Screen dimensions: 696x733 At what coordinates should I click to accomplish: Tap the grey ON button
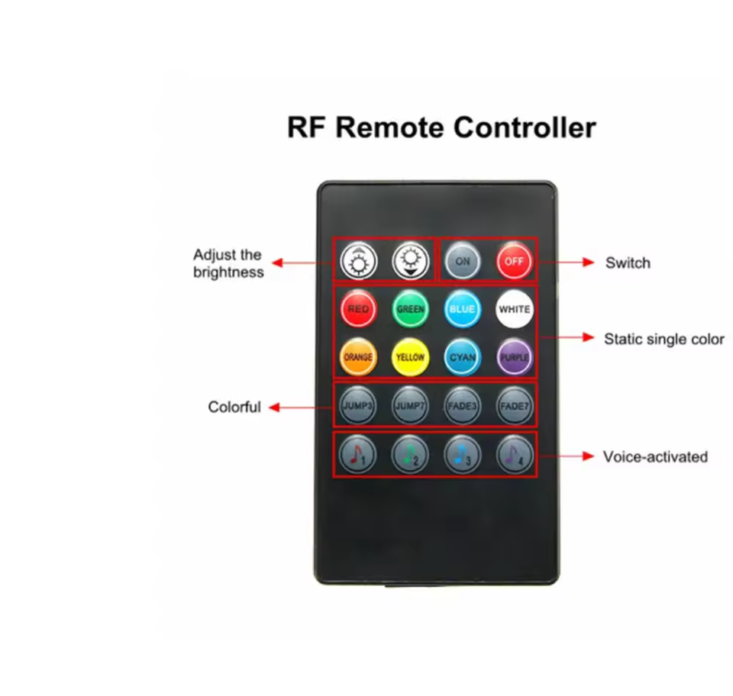pyautogui.click(x=462, y=262)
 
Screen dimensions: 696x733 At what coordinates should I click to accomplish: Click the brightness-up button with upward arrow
pyautogui.click(x=357, y=262)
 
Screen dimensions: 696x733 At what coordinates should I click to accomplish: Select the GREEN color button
pyautogui.click(x=410, y=309)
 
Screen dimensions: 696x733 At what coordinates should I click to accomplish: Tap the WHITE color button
pyautogui.click(x=514, y=309)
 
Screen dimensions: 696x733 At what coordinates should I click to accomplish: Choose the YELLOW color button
pyautogui.click(x=410, y=356)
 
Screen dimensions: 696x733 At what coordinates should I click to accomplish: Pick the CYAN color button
pyautogui.click(x=462, y=356)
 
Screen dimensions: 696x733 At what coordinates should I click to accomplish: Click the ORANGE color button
pyautogui.click(x=358, y=356)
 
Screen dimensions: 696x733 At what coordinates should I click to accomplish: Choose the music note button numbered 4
pyautogui.click(x=514, y=456)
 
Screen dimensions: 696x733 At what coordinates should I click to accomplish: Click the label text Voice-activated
pyautogui.click(x=655, y=457)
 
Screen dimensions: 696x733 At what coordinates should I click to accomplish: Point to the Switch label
pyautogui.click(x=628, y=263)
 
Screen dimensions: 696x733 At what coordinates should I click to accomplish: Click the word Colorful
pyautogui.click(x=234, y=408)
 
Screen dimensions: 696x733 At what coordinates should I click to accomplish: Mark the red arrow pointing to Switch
pyautogui.click(x=566, y=262)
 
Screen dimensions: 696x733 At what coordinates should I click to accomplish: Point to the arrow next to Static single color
pyautogui.click(x=566, y=337)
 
